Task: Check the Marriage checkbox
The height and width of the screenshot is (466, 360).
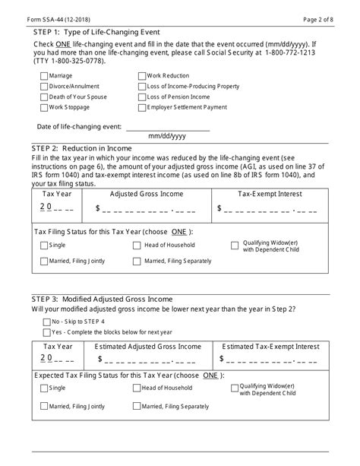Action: [43, 75]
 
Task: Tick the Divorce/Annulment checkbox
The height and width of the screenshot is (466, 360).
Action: [43, 86]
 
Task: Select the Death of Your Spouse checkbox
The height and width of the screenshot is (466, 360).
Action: [43, 97]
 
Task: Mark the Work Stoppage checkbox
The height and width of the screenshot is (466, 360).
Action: [43, 107]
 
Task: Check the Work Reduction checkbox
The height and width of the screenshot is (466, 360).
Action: [142, 75]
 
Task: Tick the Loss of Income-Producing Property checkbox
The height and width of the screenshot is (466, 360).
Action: [142, 86]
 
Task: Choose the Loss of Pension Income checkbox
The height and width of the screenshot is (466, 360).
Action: [142, 97]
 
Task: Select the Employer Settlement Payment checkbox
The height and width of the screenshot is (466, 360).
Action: [142, 107]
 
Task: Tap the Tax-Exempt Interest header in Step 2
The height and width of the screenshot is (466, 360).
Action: [269, 194]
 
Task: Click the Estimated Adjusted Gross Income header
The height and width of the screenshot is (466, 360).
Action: [147, 346]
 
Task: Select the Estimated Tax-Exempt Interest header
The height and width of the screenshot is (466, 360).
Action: [269, 346]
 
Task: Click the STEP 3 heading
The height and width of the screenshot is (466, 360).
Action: [103, 299]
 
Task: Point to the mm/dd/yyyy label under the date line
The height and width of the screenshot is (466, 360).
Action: [167, 136]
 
